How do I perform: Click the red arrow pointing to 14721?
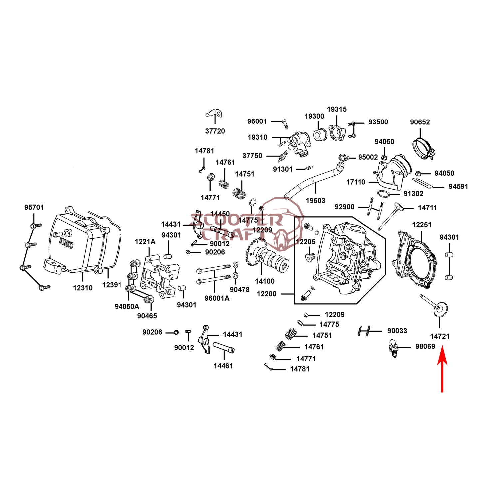pyautogui.click(x=442, y=369)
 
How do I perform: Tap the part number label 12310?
pyautogui.click(x=83, y=288)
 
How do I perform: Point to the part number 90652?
pyautogui.click(x=420, y=122)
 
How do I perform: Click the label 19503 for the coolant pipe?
pyautogui.click(x=315, y=201)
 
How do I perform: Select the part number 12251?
pyautogui.click(x=421, y=225)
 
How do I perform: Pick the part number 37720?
pyautogui.click(x=215, y=131)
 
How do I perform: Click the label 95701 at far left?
pyautogui.click(x=34, y=207)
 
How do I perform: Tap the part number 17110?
pyautogui.click(x=356, y=182)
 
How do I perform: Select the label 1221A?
pyautogui.click(x=145, y=242)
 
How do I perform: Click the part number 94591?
pyautogui.click(x=458, y=187)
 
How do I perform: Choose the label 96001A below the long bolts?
pyautogui.click(x=217, y=298)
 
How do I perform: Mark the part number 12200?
pyautogui.click(x=266, y=294)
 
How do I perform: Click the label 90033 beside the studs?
pyautogui.click(x=397, y=331)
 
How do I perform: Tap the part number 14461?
pyautogui.click(x=223, y=366)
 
